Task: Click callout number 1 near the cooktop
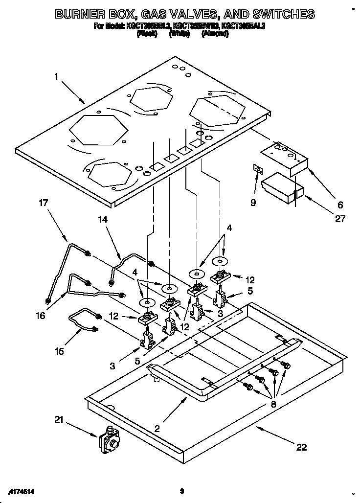point(56,76)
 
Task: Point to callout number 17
point(44,202)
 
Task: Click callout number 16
point(41,316)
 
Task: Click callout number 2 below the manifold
point(157,429)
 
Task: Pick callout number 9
point(253,202)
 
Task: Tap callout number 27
point(339,218)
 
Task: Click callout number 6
point(340,205)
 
